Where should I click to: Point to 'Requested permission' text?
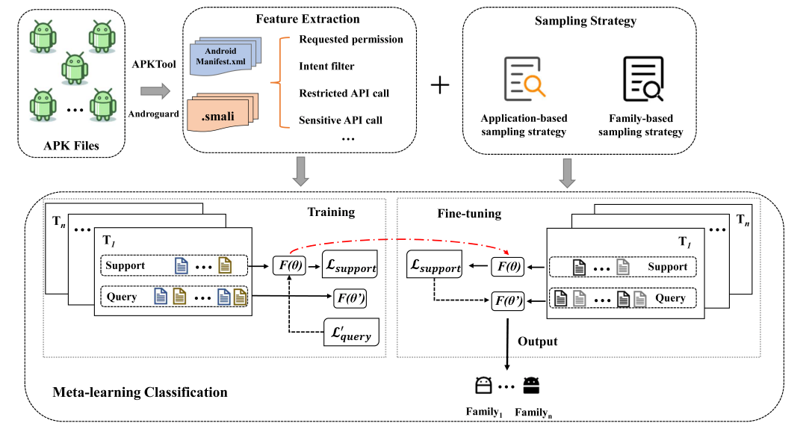coord(351,40)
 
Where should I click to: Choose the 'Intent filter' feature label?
coord(326,67)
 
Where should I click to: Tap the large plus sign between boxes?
coord(441,86)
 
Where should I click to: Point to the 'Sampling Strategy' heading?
coord(580,20)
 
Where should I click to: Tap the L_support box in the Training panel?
coord(351,265)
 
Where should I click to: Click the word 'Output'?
coord(538,342)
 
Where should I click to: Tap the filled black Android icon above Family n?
coord(531,386)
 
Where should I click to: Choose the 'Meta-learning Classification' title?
coord(140,392)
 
